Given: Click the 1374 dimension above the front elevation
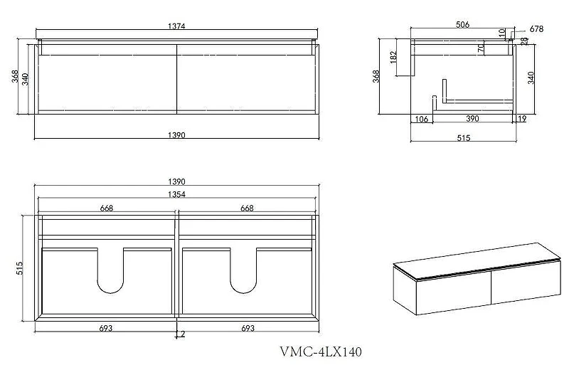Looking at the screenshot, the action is (x=176, y=26).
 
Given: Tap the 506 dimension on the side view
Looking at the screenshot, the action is (x=462, y=24).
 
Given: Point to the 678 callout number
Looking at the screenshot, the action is (x=536, y=29).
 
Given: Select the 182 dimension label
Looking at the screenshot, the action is (x=394, y=58).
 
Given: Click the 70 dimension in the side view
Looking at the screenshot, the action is (x=482, y=48).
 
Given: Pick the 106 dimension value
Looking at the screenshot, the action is (x=421, y=119).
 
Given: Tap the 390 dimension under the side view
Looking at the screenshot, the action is (x=472, y=119).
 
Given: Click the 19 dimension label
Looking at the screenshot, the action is (x=522, y=119).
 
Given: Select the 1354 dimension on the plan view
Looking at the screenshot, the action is (x=176, y=195).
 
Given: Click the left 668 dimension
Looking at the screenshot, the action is (x=106, y=208).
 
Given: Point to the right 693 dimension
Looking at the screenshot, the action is (x=248, y=328).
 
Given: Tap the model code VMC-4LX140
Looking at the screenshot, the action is (x=321, y=351).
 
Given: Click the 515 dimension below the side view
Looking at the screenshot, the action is (x=464, y=138).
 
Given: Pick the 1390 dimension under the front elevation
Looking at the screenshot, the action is (x=176, y=135).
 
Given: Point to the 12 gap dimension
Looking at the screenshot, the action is (x=181, y=334).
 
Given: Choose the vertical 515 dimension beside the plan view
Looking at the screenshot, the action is (x=20, y=268).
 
